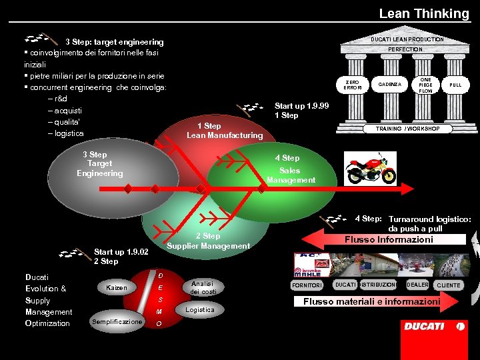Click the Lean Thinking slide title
point(424,13)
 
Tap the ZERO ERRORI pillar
point(352,85)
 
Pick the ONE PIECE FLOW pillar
point(425,85)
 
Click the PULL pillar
point(455,85)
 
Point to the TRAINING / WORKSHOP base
point(407,129)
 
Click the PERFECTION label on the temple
point(405,49)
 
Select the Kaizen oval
point(117,287)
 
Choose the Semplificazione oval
point(117,322)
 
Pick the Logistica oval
point(200,310)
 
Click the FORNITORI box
point(307,285)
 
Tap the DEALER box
point(418,285)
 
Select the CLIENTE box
point(448,285)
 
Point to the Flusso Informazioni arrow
point(387,239)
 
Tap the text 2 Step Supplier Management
point(208,241)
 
